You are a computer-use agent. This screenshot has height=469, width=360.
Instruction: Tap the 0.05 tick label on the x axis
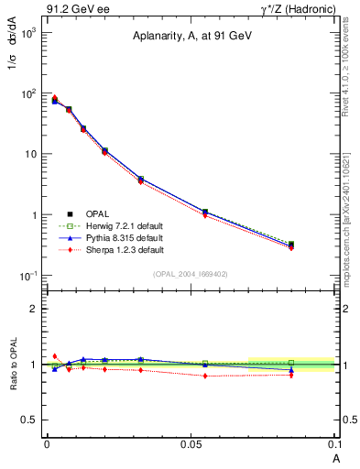click(x=191, y=443)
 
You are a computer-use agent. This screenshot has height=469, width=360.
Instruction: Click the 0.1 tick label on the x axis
click(x=333, y=443)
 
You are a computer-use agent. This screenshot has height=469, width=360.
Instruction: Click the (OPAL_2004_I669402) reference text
click(x=191, y=273)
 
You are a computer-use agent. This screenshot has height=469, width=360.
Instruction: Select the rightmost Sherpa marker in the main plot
click(x=291, y=247)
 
